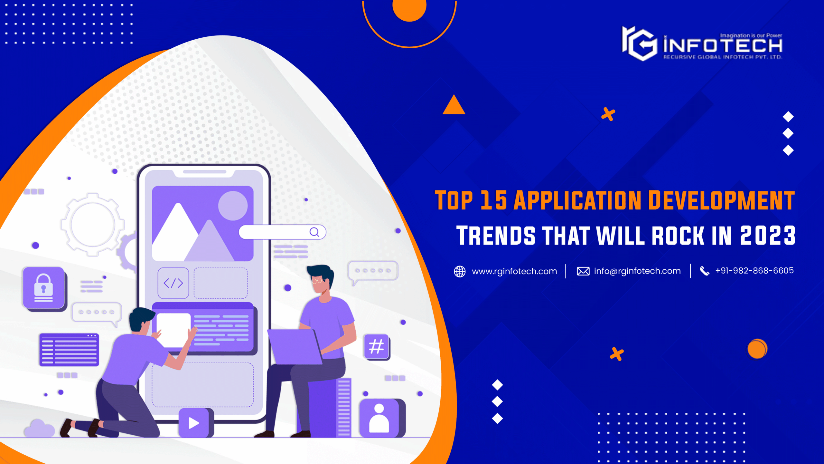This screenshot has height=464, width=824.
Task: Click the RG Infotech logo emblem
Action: [x=639, y=43]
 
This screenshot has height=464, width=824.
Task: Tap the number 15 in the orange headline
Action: [x=494, y=200]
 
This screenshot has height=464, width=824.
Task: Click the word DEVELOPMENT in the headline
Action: [x=721, y=200]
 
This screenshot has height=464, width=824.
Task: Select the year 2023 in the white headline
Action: [x=768, y=235]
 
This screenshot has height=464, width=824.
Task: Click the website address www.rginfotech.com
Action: [x=514, y=271]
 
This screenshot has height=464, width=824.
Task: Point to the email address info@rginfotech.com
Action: [x=637, y=271]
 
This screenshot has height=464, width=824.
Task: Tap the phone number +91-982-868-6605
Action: [x=754, y=271]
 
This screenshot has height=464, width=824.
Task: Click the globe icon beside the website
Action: [x=460, y=271]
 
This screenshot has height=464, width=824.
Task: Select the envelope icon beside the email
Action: [x=583, y=271]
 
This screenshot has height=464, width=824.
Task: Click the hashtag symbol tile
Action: [x=377, y=347]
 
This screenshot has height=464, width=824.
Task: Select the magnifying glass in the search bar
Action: [x=314, y=232]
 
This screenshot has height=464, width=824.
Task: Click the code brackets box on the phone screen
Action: [x=173, y=283]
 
